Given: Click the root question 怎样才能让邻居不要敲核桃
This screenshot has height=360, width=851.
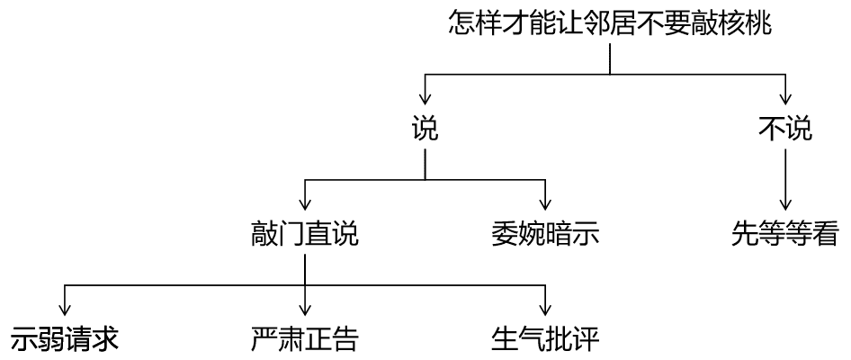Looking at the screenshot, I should click(610, 23).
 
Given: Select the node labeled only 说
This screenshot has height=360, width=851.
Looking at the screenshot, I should click(425, 130).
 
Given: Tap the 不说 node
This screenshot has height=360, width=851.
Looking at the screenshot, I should click(786, 130).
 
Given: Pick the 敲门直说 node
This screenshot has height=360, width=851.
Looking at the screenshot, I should click(305, 235).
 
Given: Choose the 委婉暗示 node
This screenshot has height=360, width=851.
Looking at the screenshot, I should click(545, 235).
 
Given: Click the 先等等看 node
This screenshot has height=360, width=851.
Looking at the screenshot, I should click(786, 235).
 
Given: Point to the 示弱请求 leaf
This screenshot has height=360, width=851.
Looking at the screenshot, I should click(65, 339).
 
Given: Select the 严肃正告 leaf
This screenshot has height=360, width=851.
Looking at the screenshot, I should click(305, 339).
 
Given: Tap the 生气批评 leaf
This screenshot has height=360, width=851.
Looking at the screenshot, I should click(545, 339).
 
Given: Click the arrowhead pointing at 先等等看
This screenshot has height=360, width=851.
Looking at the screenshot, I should click(786, 206).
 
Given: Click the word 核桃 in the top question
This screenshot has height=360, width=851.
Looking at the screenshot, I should click(745, 23).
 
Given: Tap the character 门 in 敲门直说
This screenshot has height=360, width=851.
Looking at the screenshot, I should click(291, 235).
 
